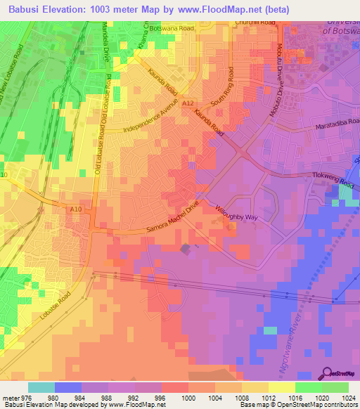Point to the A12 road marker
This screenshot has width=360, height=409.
click(188, 103)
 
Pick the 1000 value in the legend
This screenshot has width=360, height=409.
click(189, 398)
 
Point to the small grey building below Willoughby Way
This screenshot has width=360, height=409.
click(186, 249)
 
